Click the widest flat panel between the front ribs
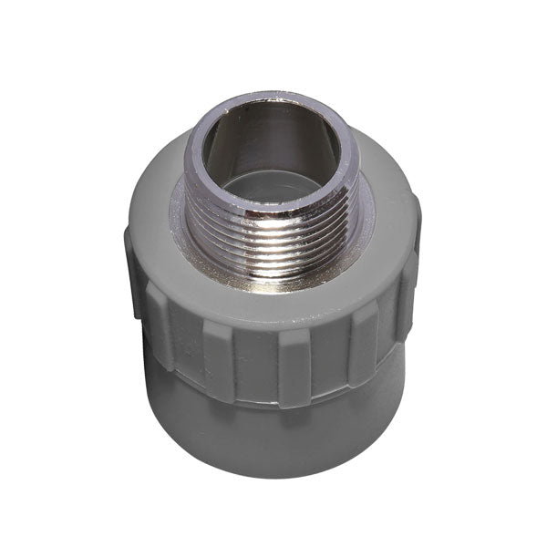(256, 365)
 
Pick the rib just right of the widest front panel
(302, 365)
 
